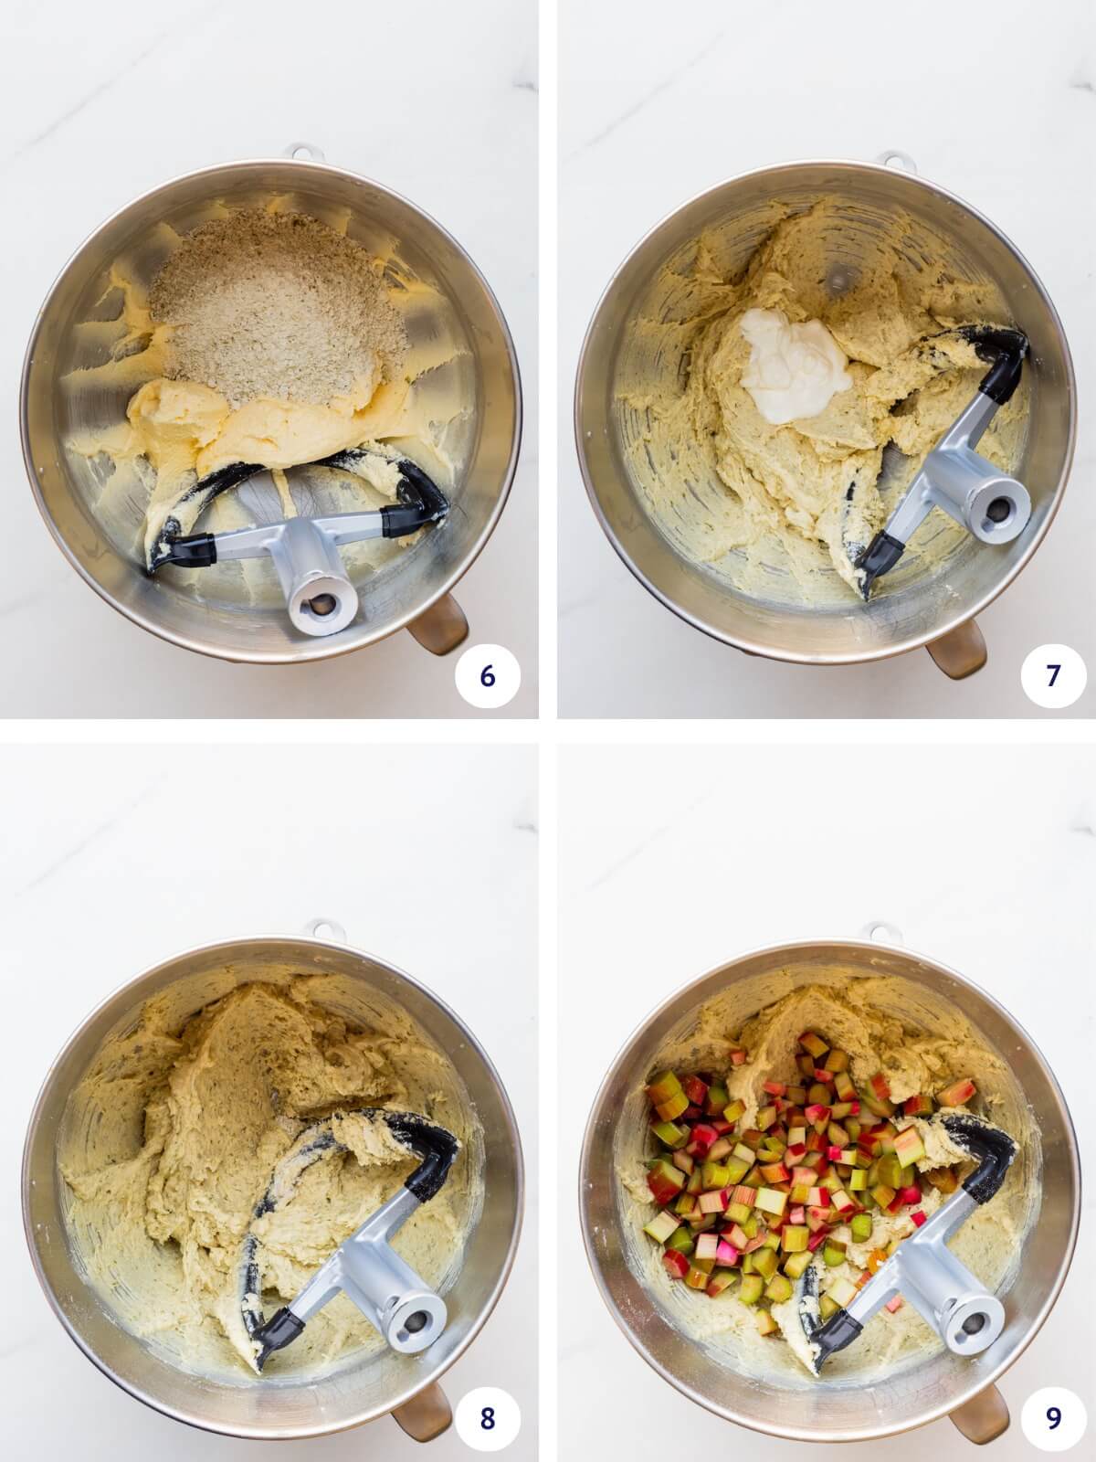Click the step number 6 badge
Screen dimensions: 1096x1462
487,675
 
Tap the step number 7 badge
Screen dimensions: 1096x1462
1052,675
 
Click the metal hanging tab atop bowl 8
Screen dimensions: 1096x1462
322,927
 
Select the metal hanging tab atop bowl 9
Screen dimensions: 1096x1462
881,930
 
